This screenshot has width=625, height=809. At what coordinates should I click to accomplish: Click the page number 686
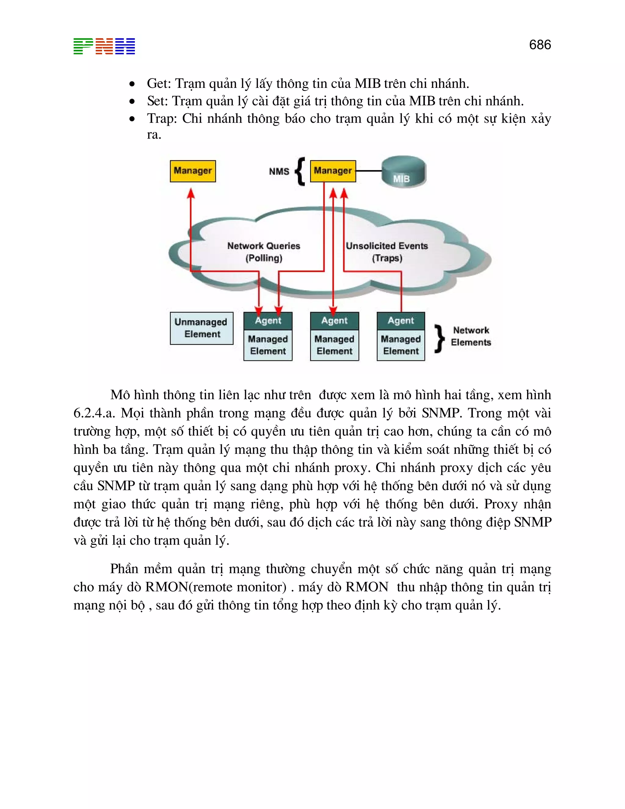pos(540,45)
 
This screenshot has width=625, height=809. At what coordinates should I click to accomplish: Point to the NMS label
pos(279,172)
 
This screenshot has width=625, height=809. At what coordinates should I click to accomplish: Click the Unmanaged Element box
pos(201,328)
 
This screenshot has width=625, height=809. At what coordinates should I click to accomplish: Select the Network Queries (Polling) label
pos(264,252)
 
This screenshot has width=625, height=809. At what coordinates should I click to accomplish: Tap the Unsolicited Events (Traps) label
pos(387,252)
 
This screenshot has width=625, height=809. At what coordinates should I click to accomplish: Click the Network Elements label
pos(471,336)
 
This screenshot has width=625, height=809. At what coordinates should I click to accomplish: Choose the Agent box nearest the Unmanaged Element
pos(268,321)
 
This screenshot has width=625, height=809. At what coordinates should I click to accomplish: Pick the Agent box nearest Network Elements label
pos(401,321)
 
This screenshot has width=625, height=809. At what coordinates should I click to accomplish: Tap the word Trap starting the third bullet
pos(159,118)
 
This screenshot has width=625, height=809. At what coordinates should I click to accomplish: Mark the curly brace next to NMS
pos(300,171)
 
